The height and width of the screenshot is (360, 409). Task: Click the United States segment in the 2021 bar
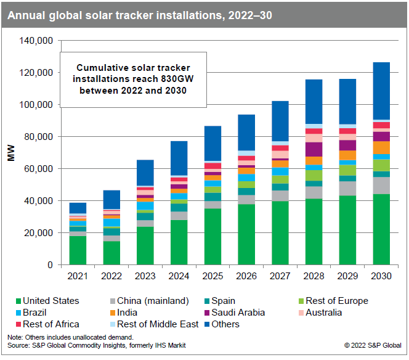[x=78, y=250]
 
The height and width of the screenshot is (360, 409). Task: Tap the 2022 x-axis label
[x=111, y=277]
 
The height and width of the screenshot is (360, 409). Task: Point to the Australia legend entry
[x=330, y=313]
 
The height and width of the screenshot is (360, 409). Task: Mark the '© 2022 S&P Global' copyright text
[x=373, y=345]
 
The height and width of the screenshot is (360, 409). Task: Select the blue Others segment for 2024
[x=179, y=158]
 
